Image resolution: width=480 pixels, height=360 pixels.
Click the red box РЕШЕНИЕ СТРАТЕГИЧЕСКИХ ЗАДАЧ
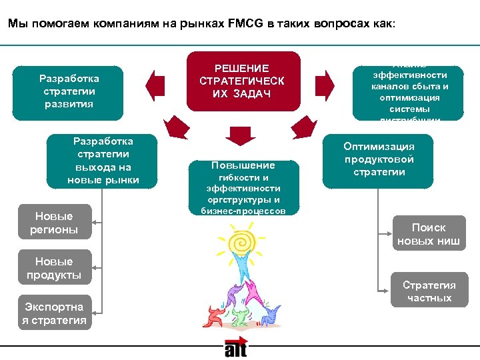click(x=242, y=80)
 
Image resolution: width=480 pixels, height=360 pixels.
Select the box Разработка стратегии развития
click(x=69, y=91)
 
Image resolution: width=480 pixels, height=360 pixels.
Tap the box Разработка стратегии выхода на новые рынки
click(x=103, y=161)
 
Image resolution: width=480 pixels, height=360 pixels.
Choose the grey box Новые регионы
click(x=54, y=223)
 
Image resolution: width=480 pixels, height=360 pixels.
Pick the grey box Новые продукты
click(x=54, y=268)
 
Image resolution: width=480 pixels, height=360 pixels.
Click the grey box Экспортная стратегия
click(x=54, y=313)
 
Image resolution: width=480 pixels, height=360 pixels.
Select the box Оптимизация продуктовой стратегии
click(x=378, y=159)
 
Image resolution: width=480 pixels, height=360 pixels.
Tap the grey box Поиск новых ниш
click(x=429, y=234)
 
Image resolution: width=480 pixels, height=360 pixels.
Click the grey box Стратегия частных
click(x=429, y=290)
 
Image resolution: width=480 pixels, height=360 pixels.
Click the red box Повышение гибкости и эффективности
click(x=243, y=187)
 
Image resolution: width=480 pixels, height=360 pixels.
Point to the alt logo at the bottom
click(x=235, y=348)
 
